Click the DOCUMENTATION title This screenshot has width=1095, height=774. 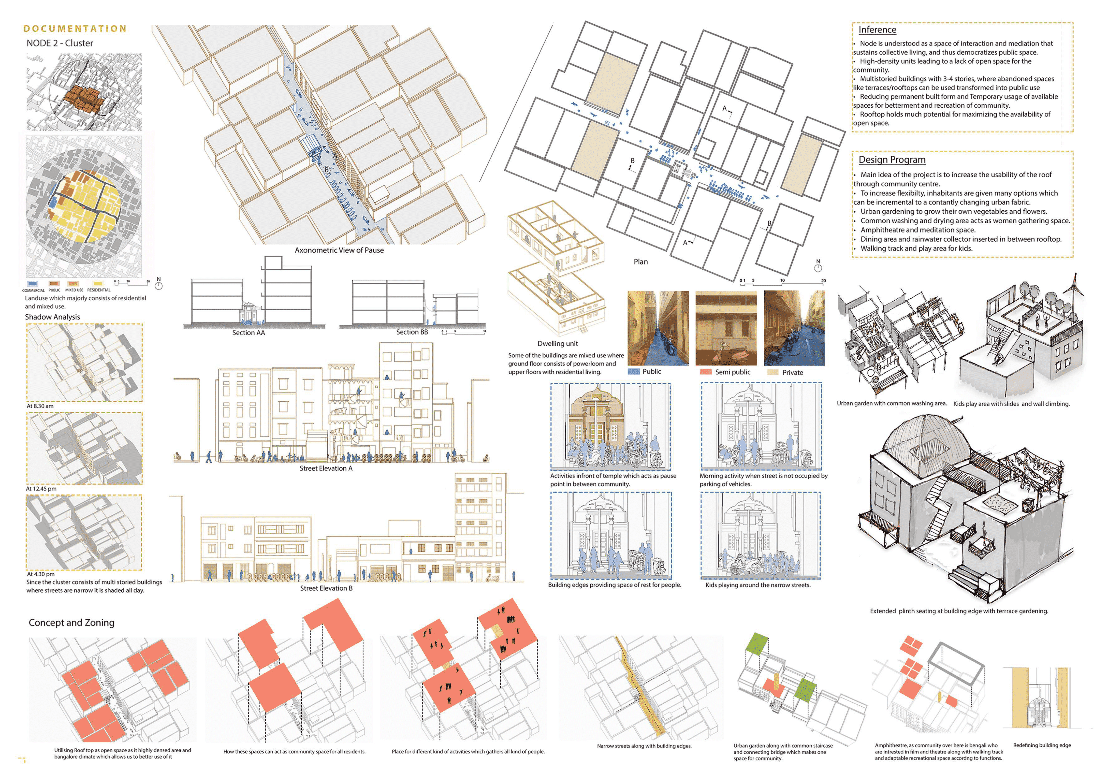pos(75,29)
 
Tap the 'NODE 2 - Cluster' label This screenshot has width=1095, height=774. pos(60,43)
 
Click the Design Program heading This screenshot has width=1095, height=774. pos(892,160)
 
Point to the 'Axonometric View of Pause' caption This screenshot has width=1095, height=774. pos(339,250)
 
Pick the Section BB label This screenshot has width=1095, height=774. pos(412,332)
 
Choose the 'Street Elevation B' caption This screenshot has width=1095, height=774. pos(326,588)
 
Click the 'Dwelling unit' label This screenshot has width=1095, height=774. pos(558,343)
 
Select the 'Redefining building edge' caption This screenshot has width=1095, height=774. pos(1042,745)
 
